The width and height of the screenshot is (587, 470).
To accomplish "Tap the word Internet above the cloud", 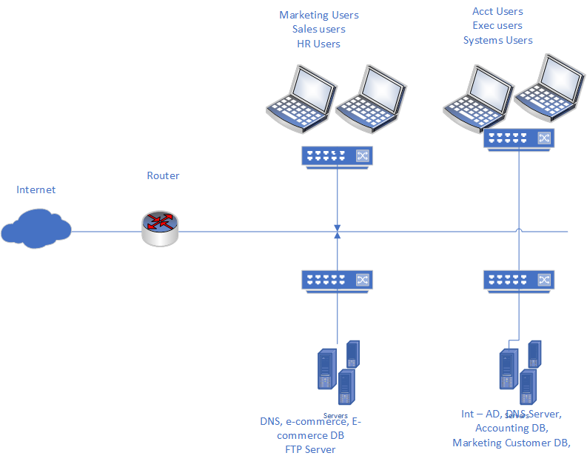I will [x=36, y=190].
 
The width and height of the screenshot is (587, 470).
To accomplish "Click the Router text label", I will [x=163, y=176].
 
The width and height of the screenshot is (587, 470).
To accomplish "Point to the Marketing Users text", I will [x=318, y=15].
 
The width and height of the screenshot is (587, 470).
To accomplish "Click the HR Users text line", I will [x=318, y=44].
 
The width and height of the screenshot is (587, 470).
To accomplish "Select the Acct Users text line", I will [x=497, y=11].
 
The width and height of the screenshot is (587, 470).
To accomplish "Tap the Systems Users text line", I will [x=497, y=41].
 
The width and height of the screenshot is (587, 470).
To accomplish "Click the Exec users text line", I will [x=497, y=26].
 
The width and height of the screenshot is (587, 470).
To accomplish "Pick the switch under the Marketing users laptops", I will [x=338, y=155].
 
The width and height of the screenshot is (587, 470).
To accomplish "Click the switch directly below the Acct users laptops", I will [x=519, y=138].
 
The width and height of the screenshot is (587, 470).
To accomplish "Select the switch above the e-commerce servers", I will [x=338, y=280].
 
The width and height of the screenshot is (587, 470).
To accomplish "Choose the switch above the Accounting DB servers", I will [x=519, y=280].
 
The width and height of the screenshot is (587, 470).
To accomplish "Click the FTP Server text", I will [x=310, y=449].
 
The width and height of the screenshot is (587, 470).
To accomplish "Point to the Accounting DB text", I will [x=511, y=429].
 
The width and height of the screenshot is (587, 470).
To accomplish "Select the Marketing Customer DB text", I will [x=511, y=443].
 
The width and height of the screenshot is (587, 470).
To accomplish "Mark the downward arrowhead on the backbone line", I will [x=338, y=226].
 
